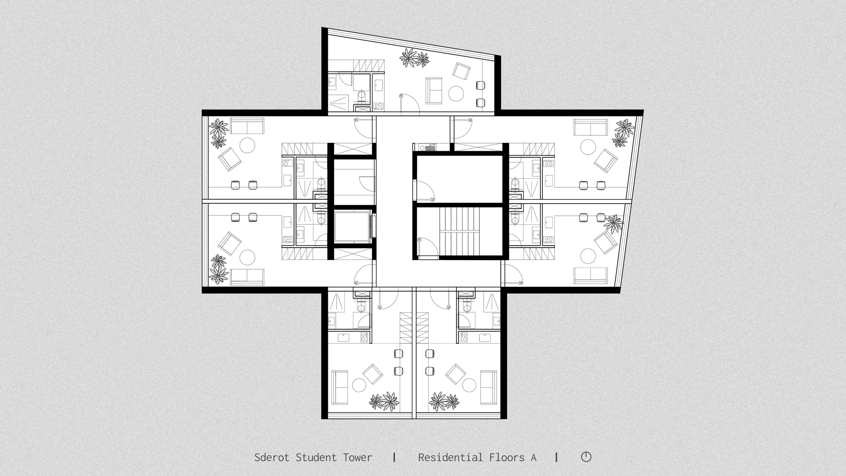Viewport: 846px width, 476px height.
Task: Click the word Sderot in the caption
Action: coord(272,457)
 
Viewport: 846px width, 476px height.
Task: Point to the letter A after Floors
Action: coord(533,458)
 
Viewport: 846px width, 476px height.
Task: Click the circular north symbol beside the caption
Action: coord(586,457)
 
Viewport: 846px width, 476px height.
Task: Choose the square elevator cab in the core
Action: coord(351,227)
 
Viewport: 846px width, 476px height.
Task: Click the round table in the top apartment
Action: coord(456,93)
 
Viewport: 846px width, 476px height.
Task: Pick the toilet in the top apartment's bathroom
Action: coord(361,97)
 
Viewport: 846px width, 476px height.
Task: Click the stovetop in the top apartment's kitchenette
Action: coord(378,106)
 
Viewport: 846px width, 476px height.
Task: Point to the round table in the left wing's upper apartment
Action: coord(248,145)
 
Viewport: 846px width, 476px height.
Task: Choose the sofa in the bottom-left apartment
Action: coord(340,387)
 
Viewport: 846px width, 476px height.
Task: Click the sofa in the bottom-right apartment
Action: coord(488,387)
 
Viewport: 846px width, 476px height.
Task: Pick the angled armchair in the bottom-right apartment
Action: coord(456,374)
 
